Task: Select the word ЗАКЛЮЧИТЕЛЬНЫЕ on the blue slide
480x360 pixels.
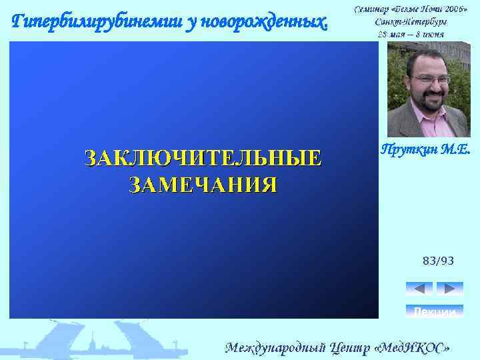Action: point(202,159)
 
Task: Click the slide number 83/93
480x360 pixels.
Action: point(438,261)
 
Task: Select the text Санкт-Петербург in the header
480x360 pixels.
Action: point(411,21)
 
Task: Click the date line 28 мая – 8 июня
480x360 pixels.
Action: point(411,33)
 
